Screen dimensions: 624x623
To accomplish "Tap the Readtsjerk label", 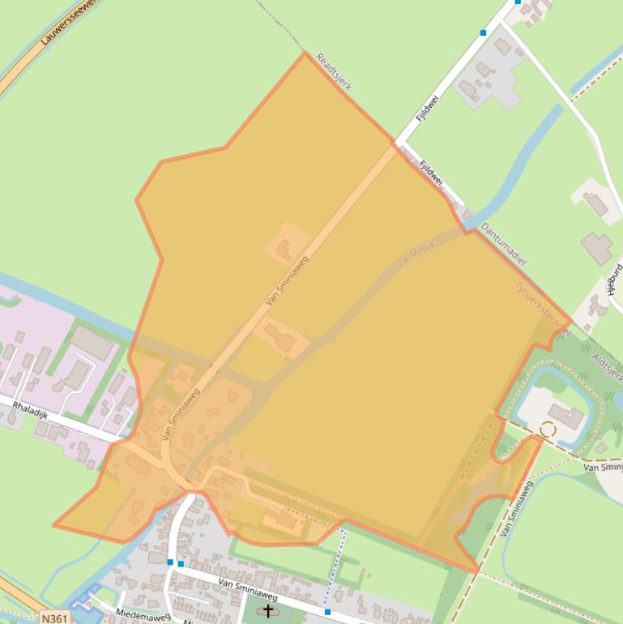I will point(333,72).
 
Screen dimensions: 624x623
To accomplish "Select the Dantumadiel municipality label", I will point(503,245).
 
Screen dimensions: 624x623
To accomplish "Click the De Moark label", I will point(417,255).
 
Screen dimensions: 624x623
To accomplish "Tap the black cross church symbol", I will point(268,611).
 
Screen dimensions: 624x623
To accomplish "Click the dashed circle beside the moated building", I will point(548,430).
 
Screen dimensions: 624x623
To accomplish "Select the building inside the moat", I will point(566,417).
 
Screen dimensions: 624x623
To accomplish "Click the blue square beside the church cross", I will point(327,612).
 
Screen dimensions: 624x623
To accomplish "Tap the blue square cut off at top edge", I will point(518,2).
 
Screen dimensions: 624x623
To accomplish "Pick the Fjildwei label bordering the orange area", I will point(430,173).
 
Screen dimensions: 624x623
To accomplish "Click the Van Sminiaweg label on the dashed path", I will point(517,509).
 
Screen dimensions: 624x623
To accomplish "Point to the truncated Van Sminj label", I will point(602,468).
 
